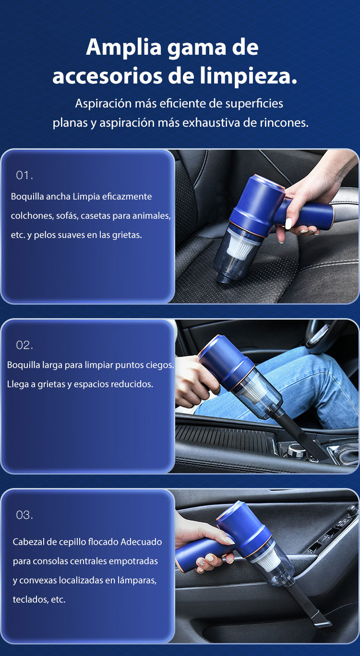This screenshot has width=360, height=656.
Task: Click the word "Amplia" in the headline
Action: pyautogui.click(x=124, y=48)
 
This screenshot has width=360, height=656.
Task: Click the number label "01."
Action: pyautogui.click(x=24, y=176)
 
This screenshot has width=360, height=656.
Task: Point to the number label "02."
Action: pyautogui.click(x=24, y=346)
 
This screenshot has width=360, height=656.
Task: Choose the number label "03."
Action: pyautogui.click(x=24, y=515)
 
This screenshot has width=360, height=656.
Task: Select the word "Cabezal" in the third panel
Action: pyautogui.click(x=27, y=542)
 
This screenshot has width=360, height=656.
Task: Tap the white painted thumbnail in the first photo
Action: pyautogui.click(x=288, y=224)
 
